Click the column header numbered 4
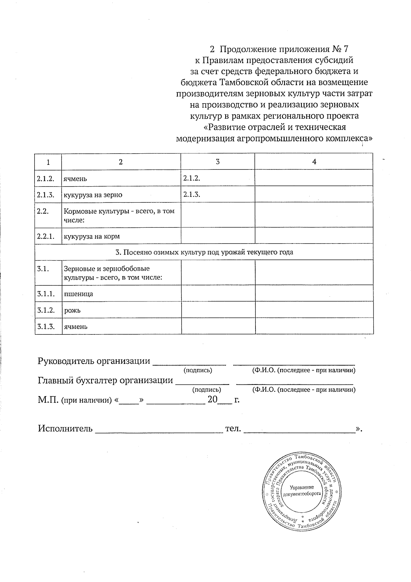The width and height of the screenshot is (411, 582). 314,162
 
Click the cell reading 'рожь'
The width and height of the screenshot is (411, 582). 72,310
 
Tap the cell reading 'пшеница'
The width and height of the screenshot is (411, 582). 78,294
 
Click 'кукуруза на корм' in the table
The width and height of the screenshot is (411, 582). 91,236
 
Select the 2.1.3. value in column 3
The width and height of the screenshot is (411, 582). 191,194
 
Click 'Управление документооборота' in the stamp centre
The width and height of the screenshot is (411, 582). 302,491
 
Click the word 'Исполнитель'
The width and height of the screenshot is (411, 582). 65,429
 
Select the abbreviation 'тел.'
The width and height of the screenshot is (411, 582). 233,429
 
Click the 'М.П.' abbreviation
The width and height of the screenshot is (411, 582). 48,400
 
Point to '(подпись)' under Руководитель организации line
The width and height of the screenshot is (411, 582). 198,370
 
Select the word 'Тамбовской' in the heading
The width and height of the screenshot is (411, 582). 244,82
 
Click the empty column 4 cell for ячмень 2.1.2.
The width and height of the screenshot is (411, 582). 314,178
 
